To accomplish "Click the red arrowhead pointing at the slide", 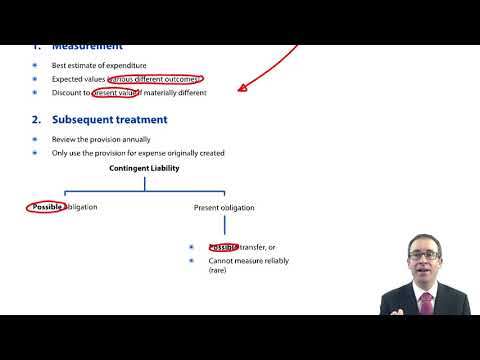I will point(241,88).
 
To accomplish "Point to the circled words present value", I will point(117,93).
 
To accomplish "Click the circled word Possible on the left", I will point(47,207).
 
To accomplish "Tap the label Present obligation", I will point(223,208).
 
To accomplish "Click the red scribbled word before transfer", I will point(223,247).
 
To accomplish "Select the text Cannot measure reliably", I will point(247,260).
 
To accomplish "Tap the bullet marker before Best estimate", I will point(34,65).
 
